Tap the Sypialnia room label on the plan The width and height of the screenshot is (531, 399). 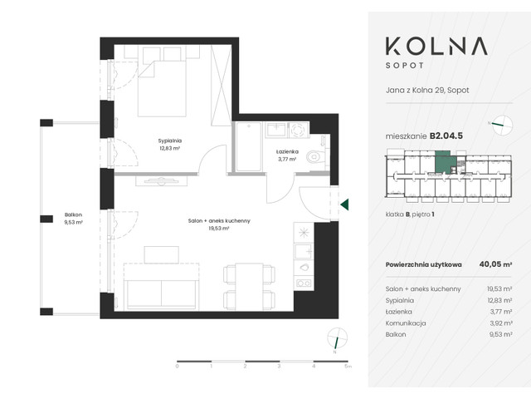click(169, 145)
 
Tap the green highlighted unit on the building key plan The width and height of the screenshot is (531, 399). click(446, 160)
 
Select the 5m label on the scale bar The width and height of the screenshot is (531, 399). click(348, 366)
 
